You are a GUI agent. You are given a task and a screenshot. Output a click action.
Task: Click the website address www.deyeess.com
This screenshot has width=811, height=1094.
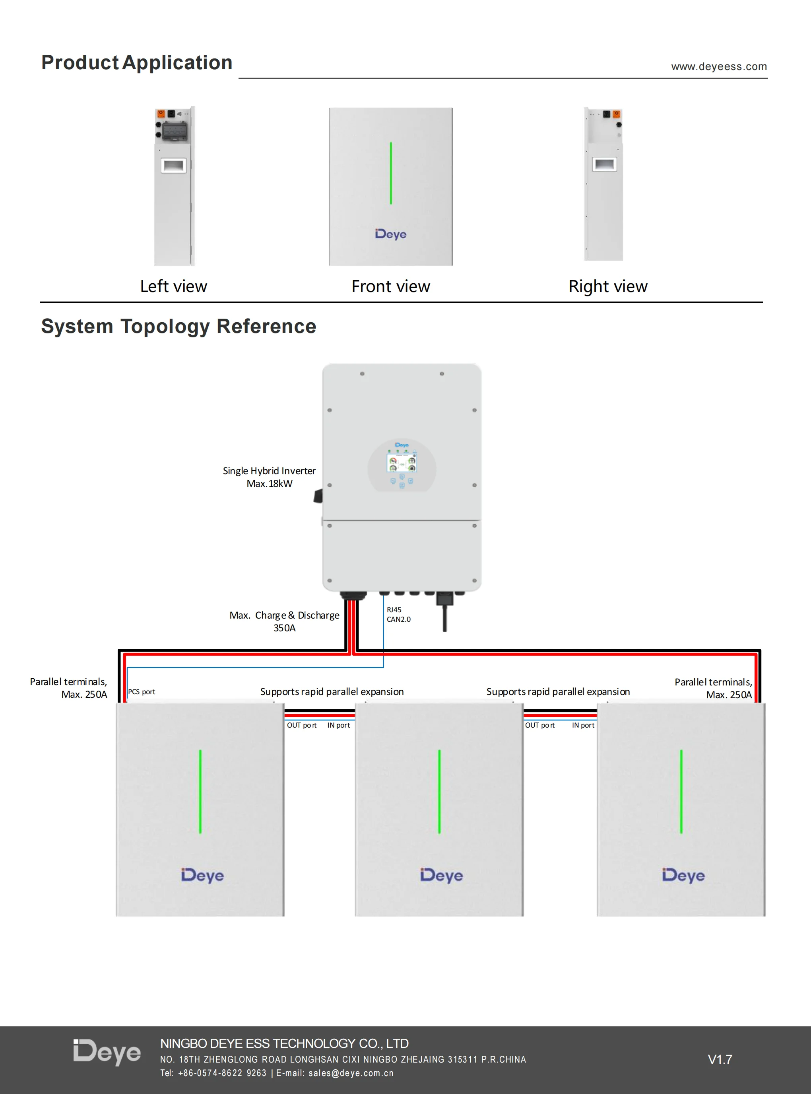click(719, 66)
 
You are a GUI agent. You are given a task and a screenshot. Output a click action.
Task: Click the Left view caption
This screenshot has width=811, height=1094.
click(173, 286)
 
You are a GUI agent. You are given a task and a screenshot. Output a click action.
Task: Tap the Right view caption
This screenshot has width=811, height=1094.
click(608, 286)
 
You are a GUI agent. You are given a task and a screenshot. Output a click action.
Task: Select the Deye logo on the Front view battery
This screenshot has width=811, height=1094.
click(391, 234)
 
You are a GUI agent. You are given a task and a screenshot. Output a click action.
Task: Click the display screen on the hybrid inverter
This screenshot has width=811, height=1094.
click(402, 463)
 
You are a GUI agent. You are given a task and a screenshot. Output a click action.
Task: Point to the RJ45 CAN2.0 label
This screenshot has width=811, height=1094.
click(398, 615)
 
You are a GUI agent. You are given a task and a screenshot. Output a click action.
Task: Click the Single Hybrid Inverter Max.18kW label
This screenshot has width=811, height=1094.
click(269, 477)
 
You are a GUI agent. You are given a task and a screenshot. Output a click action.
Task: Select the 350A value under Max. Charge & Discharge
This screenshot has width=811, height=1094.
click(284, 628)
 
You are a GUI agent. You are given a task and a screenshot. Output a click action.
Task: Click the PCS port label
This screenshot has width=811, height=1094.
click(142, 692)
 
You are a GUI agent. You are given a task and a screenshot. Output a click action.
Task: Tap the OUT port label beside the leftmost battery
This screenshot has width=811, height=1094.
click(301, 726)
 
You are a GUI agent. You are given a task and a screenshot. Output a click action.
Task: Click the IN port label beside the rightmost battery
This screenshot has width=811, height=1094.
click(583, 726)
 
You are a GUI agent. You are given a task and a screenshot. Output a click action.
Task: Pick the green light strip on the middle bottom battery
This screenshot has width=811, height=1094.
click(439, 791)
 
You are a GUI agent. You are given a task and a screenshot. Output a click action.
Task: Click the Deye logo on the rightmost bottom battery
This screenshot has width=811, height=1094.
click(683, 875)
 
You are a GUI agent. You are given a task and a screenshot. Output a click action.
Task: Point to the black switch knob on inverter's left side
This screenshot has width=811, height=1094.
click(318, 496)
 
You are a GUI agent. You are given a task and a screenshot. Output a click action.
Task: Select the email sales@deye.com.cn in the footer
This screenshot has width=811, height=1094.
click(351, 1073)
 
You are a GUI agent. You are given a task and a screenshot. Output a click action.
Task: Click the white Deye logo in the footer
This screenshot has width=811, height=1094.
click(107, 1052)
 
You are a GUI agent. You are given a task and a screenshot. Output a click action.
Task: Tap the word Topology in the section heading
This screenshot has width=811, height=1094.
click(165, 327)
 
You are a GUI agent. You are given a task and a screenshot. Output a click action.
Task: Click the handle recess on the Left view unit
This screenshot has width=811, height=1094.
click(174, 165)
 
